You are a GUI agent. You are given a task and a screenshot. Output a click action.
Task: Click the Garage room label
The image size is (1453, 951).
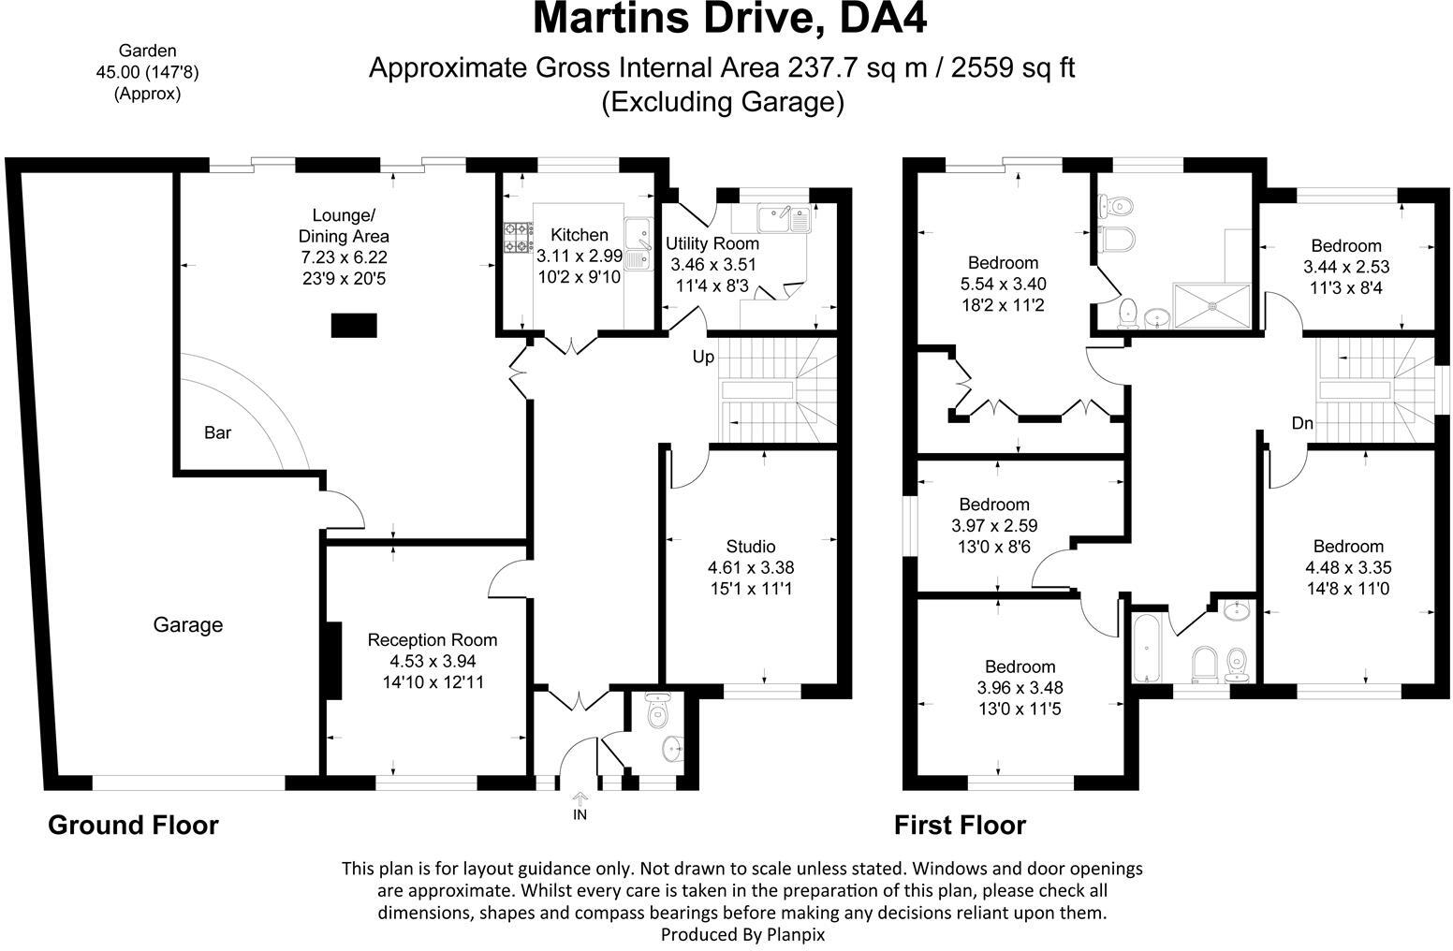[187, 624]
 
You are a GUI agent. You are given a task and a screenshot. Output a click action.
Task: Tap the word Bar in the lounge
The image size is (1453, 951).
[217, 432]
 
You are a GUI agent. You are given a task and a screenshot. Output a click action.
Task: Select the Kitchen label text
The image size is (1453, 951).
[579, 235]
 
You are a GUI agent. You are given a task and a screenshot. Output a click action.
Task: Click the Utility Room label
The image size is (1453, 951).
[712, 244]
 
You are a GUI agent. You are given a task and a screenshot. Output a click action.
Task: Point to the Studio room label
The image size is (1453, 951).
[750, 547]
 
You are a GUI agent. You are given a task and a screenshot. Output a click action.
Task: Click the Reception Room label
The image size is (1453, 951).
[432, 640]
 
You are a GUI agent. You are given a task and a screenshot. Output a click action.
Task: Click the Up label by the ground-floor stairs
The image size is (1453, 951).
[703, 357]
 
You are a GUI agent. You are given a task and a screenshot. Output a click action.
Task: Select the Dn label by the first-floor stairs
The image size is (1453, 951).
[1302, 424]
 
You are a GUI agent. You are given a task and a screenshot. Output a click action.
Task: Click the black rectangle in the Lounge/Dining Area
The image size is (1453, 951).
[354, 326]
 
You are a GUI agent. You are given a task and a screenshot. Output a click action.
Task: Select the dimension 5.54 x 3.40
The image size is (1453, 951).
[1003, 284]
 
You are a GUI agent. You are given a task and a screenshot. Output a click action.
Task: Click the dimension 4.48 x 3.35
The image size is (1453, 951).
[1347, 567]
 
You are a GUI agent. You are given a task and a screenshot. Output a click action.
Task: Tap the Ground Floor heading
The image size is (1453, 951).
[133, 825]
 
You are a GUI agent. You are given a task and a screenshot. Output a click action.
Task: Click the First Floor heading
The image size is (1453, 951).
[960, 825]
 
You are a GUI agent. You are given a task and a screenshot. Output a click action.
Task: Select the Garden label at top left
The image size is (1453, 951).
[147, 51]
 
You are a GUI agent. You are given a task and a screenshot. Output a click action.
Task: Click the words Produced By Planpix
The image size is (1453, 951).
[742, 933]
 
